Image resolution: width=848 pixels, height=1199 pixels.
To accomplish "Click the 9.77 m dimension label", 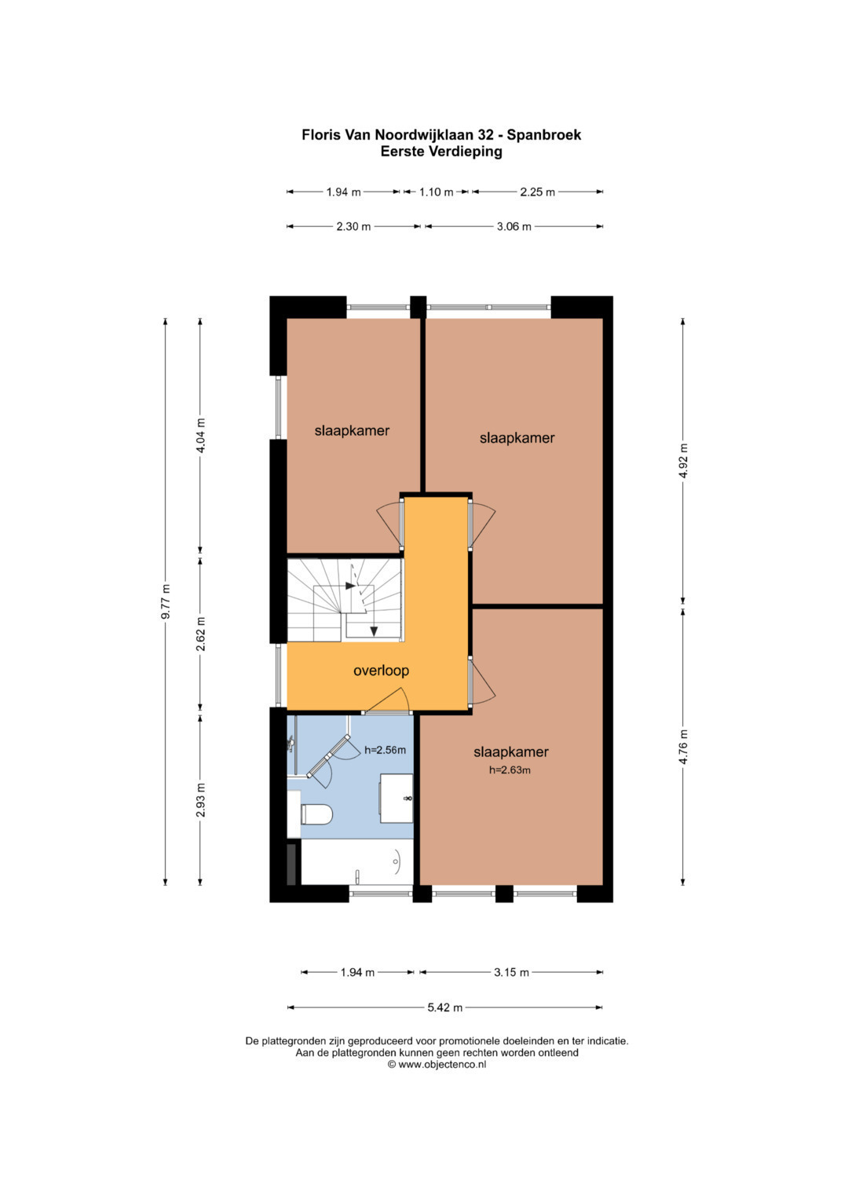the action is coord(166,601).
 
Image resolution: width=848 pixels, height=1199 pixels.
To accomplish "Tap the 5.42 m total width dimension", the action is coord(445,1007).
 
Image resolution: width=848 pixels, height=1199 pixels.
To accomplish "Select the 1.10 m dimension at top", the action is coord(436,192).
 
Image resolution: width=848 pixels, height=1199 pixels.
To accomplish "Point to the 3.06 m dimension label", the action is coord(514,226).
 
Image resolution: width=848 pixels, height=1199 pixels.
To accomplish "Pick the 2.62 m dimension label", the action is coord(201,634).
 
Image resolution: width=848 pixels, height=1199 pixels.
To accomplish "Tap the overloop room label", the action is coord(381,670).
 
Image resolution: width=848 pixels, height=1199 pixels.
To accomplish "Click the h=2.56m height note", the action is coord(385,750).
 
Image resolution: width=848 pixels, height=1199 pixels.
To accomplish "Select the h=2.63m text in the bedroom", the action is coord(510,770).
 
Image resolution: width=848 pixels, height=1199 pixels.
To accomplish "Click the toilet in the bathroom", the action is coord(316,814).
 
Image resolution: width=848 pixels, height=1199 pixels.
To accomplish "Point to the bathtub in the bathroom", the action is coord(357,862).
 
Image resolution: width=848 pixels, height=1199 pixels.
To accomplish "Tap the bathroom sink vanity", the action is coord(397,798).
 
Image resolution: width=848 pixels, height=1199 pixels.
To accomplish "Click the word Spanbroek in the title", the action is coord(544,135).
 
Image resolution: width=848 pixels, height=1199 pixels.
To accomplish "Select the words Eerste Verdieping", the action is coord(441,152).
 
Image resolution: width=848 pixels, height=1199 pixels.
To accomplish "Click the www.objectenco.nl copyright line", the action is coord(437,1064).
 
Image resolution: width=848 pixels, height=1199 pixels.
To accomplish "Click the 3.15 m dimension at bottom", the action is coord(511,972).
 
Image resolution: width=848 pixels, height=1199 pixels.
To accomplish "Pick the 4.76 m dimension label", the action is coord(683,747).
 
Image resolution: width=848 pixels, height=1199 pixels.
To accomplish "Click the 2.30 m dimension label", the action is coord(353,226).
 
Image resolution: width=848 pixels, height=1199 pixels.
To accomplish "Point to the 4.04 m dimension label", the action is coord(201,436).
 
